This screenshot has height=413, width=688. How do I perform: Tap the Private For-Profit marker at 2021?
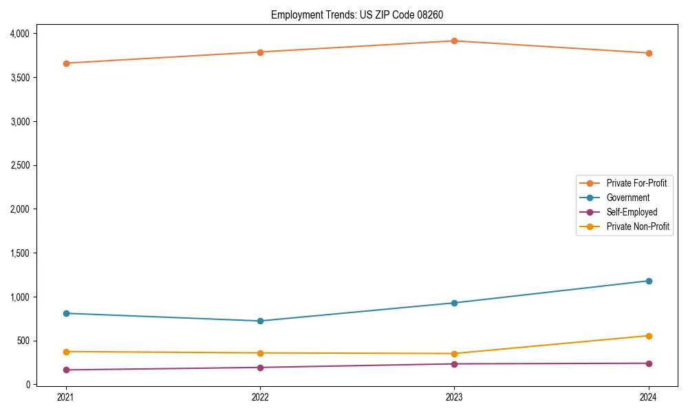click(x=66, y=63)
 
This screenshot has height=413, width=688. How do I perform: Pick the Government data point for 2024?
click(x=649, y=281)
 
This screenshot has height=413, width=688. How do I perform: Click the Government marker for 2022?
click(x=260, y=321)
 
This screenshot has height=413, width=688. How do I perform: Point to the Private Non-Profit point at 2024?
click(x=649, y=336)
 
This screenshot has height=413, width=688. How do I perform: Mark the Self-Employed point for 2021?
click(x=66, y=370)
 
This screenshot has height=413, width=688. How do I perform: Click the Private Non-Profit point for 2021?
click(x=66, y=352)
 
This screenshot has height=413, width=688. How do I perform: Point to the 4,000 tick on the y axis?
click(x=19, y=33)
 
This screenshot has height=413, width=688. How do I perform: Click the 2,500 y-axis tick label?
click(x=19, y=165)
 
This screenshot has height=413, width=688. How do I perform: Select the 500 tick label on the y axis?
click(x=21, y=341)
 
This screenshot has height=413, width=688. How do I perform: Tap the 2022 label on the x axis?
click(x=260, y=396)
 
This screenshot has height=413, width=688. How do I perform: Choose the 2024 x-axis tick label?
click(x=649, y=396)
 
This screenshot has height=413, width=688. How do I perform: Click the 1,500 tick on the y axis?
click(x=19, y=253)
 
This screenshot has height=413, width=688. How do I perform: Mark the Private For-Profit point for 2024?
click(x=649, y=53)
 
